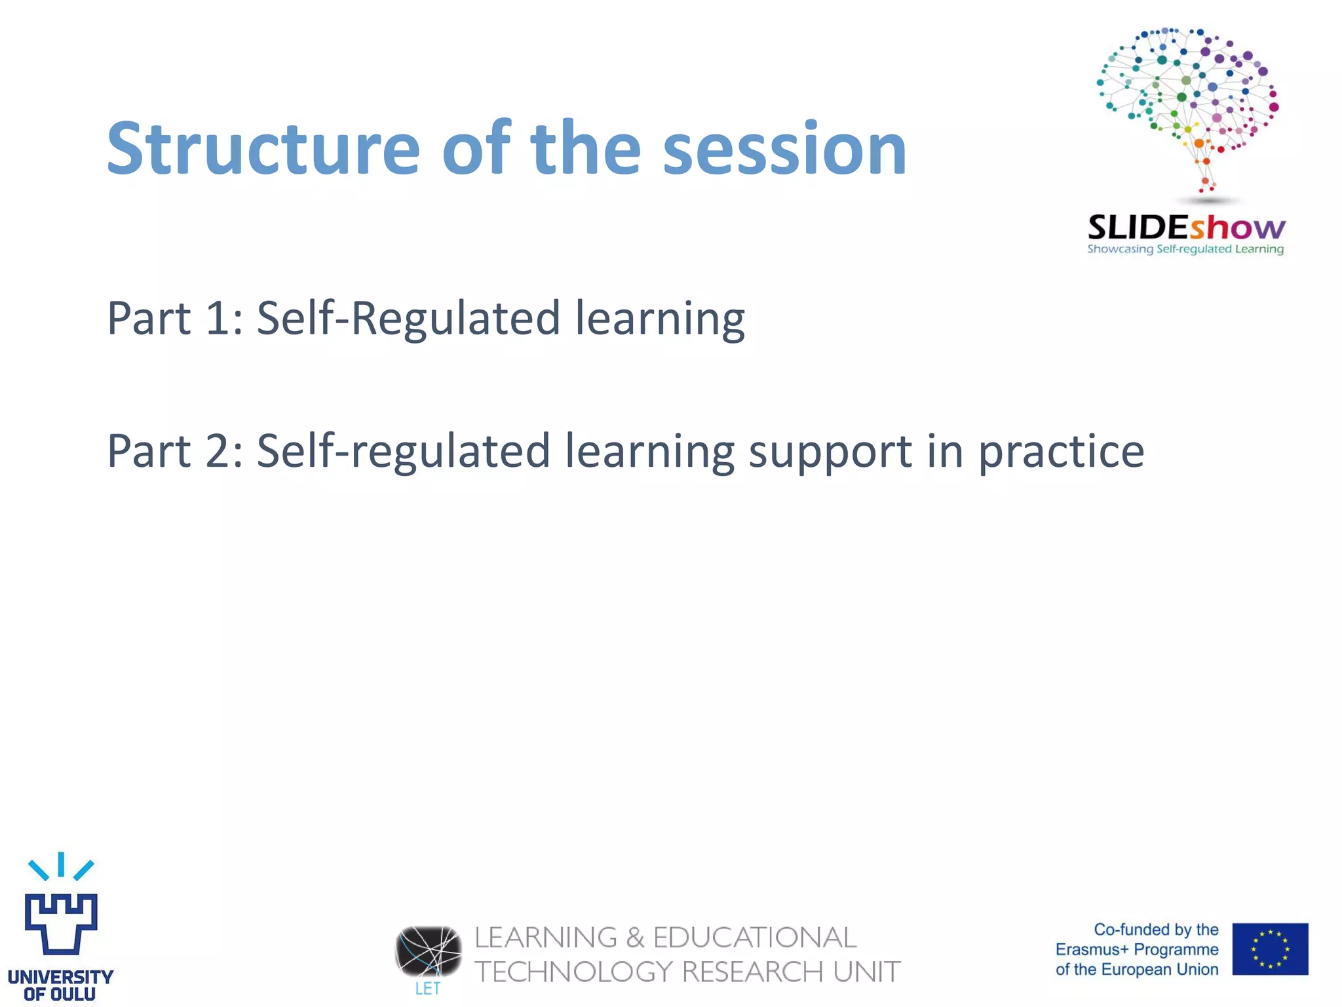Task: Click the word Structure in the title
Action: point(262,149)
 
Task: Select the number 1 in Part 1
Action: point(216,319)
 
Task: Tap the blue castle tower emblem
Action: point(61,923)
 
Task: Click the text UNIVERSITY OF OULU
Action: point(60,985)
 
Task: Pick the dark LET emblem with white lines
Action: point(428,951)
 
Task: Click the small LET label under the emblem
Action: point(428,989)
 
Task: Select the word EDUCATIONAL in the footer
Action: point(755,938)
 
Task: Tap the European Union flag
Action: point(1269,949)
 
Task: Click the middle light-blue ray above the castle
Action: point(61,864)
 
